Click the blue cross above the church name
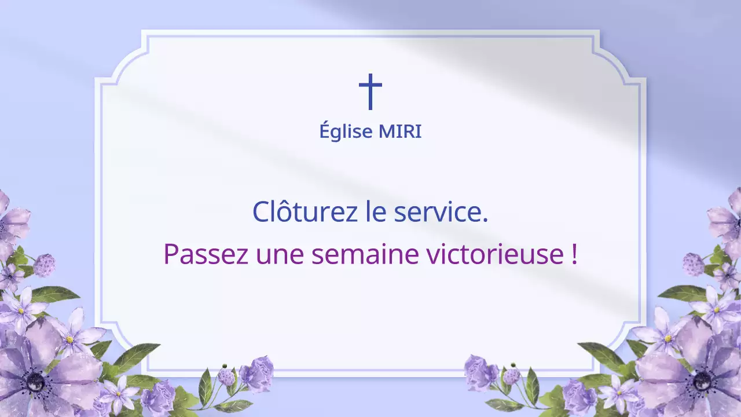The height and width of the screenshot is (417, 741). tap(370, 92)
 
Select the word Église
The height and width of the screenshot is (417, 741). tap(346, 132)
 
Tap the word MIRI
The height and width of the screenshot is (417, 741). tap(400, 132)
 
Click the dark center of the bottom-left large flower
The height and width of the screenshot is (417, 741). tap(36, 381)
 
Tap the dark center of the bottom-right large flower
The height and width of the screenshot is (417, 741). tap(702, 381)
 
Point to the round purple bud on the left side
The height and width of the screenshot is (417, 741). tap(44, 265)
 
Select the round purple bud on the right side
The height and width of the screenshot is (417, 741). tap(693, 264)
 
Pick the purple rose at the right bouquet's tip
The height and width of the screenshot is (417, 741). tap(480, 372)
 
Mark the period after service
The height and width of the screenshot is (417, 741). tap(485, 220)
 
